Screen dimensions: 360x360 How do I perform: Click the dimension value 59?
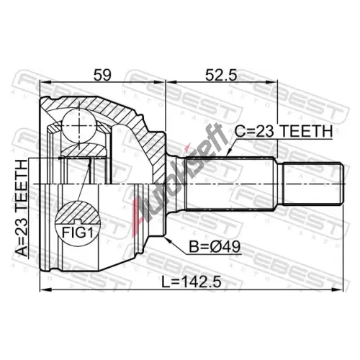tap(102, 75)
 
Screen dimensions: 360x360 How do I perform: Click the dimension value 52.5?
tap(221, 75)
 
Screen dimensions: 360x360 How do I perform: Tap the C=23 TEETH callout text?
tap(284, 131)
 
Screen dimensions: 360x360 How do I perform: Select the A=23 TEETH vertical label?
tap(21, 208)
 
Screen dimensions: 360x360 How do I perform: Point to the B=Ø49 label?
tap(215, 247)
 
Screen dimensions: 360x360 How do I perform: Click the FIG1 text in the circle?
tap(77, 233)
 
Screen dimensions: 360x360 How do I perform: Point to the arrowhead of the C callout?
tap(228, 153)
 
